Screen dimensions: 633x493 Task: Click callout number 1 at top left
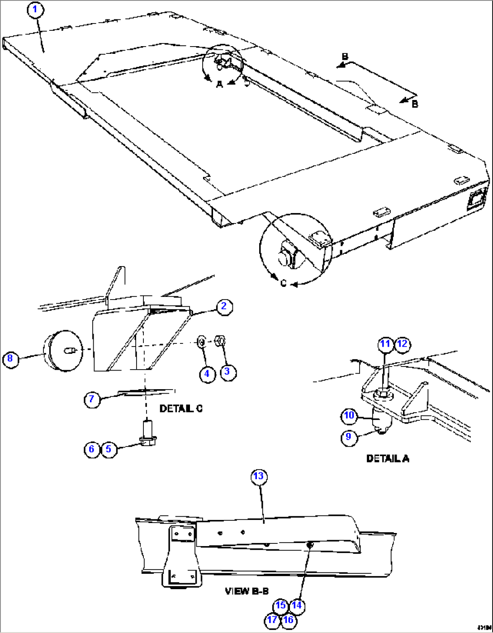coord(35,10)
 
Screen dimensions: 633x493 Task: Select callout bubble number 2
coord(224,307)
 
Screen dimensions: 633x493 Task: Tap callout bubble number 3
coord(227,372)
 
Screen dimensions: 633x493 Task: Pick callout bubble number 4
coord(207,374)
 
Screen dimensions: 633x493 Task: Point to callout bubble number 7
coord(92,400)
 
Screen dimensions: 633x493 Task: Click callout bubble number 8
coord(10,359)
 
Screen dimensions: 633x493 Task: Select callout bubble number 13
coord(258,476)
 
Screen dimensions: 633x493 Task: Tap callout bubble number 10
coord(349,416)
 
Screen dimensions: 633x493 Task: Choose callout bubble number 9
coord(348,437)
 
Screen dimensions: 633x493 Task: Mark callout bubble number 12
coord(402,344)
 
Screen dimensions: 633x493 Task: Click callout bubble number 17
coord(272,620)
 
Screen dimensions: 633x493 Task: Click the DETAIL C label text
coord(181,409)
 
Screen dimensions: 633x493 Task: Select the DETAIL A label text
coord(388,459)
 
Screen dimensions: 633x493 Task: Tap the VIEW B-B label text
coord(246,591)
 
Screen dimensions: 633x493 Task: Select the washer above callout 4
coord(201,342)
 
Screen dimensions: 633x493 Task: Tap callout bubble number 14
coord(296,605)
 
